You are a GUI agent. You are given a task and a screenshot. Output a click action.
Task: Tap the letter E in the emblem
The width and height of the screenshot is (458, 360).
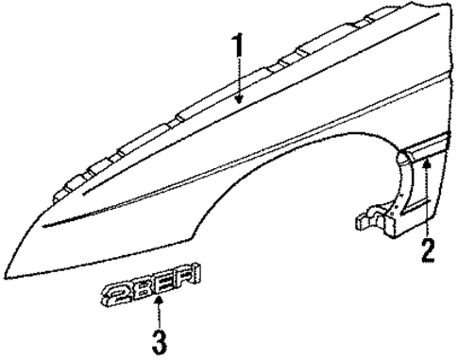coord(166,279)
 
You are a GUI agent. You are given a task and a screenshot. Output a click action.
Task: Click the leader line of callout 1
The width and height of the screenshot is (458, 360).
coord(238,76)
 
